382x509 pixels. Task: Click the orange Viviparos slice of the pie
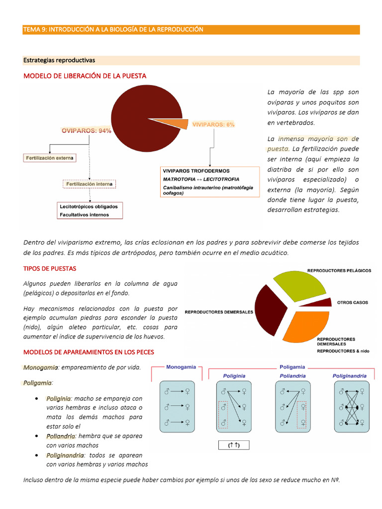(x=172, y=124)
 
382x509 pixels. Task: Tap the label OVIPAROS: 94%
(x=86, y=131)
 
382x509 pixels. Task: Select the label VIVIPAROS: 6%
(x=213, y=124)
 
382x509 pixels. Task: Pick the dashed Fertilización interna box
(x=90, y=184)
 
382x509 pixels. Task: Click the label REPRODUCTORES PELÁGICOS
(x=339, y=270)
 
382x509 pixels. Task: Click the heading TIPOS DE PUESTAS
(x=50, y=268)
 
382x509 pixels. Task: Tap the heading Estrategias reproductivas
(x=59, y=60)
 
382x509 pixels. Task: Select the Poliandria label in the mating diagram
(x=292, y=376)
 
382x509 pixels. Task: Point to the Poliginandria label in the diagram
(x=350, y=376)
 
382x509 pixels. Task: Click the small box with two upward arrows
(x=234, y=445)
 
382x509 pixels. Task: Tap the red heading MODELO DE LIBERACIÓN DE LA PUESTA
(x=85, y=76)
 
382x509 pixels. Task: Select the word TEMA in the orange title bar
(x=31, y=29)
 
